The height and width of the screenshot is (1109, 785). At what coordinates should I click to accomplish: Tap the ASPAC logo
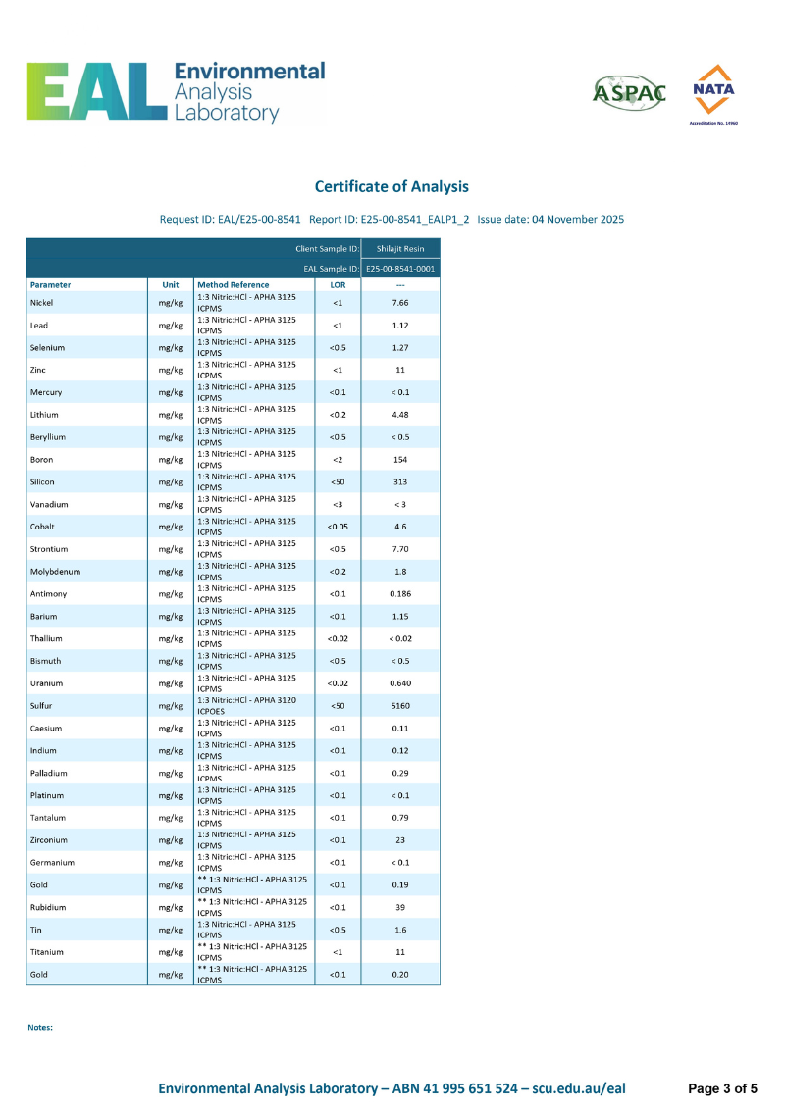(x=629, y=92)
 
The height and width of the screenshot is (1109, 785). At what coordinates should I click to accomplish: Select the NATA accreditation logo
(x=713, y=92)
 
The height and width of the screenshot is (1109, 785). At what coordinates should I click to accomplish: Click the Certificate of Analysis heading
(x=392, y=186)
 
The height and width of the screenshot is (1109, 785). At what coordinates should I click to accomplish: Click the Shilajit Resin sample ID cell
(x=400, y=249)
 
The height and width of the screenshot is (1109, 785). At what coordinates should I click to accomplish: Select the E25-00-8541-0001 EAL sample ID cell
(x=400, y=268)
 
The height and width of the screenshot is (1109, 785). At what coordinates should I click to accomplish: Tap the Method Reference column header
(x=234, y=285)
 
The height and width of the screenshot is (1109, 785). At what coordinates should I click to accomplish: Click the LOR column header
(x=338, y=285)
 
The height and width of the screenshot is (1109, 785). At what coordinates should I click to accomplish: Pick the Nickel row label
(x=42, y=303)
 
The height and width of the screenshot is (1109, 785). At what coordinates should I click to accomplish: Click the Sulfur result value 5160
(x=400, y=706)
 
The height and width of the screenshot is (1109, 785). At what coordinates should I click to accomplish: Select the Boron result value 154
(x=400, y=460)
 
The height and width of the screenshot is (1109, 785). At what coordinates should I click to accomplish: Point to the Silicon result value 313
(x=400, y=481)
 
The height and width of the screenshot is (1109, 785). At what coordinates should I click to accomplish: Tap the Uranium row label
(x=46, y=683)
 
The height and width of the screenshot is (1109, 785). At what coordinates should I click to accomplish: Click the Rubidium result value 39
(x=400, y=907)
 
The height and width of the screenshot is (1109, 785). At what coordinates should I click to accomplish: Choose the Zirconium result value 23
(x=400, y=840)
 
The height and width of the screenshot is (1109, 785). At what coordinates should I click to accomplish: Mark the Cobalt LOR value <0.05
(x=338, y=527)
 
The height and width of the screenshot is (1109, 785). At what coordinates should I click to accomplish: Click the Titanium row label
(x=47, y=952)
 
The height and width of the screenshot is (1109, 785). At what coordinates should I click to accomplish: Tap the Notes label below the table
(x=39, y=1027)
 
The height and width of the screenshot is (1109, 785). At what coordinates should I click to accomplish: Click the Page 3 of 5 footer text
(x=722, y=1088)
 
